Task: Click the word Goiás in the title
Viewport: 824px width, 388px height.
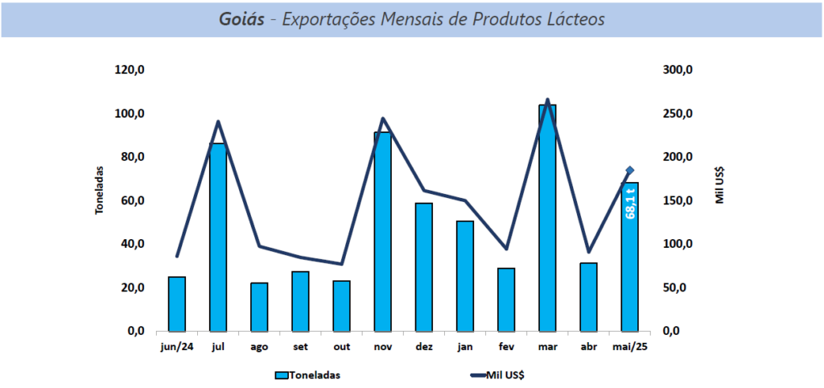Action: pyautogui.click(x=241, y=18)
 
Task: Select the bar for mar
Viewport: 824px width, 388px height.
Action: pyautogui.click(x=547, y=217)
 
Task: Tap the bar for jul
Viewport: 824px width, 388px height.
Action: pyautogui.click(x=217, y=237)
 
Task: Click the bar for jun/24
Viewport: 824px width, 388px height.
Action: pyautogui.click(x=176, y=303)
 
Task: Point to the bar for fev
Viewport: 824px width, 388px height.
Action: pyautogui.click(x=506, y=299)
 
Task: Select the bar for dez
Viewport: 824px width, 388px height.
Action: pyautogui.click(x=423, y=267)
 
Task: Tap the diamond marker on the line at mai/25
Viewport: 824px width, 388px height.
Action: pyautogui.click(x=630, y=171)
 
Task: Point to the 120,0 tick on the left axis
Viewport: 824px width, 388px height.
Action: pyautogui.click(x=130, y=70)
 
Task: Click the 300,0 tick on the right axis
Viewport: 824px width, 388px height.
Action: pyautogui.click(x=678, y=70)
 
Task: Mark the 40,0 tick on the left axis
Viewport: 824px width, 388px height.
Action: pyautogui.click(x=130, y=244)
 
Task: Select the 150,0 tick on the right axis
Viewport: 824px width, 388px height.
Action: pyautogui.click(x=678, y=200)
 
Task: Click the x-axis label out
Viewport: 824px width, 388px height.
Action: pyautogui.click(x=341, y=347)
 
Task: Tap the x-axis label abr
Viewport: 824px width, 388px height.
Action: pyautogui.click(x=588, y=347)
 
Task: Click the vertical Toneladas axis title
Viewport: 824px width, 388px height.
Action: pyautogui.click(x=100, y=191)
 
